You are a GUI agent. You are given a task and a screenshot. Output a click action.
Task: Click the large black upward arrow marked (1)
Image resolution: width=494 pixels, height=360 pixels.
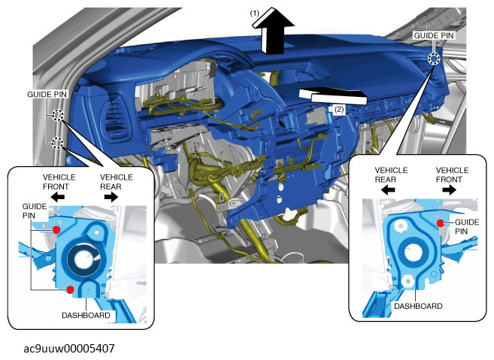click(x=273, y=32)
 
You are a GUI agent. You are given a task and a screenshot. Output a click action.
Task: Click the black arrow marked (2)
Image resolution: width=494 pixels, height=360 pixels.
click(x=332, y=95)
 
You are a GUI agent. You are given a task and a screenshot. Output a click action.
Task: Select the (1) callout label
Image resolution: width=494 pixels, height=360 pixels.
click(x=255, y=14)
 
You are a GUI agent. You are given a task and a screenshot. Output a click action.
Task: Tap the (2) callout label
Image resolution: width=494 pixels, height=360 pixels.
click(x=339, y=110)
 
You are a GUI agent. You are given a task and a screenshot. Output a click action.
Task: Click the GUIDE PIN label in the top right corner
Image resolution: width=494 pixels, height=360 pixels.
click(x=434, y=35)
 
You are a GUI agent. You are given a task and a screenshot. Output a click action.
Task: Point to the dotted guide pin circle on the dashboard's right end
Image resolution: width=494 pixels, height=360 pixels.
click(x=434, y=59)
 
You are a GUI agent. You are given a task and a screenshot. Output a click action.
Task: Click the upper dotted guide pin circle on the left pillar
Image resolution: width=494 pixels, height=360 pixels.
click(x=58, y=115)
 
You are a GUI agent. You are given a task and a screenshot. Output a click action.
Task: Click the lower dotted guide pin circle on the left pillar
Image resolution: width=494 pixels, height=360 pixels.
click(x=57, y=143)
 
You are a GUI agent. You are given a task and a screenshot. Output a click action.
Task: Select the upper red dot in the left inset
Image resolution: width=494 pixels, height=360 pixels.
click(x=56, y=230)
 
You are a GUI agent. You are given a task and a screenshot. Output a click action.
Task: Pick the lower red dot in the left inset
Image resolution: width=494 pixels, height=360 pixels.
click(x=70, y=289)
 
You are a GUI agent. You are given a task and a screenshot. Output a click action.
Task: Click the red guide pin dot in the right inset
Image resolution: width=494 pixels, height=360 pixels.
click(x=441, y=223)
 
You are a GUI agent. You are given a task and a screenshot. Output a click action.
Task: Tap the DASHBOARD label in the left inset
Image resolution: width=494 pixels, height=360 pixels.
click(x=86, y=315)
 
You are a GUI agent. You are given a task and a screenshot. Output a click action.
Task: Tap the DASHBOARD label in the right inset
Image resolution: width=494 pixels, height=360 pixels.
click(x=418, y=306)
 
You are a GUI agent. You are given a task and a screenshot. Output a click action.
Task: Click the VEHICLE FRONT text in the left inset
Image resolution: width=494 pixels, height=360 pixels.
click(x=59, y=182)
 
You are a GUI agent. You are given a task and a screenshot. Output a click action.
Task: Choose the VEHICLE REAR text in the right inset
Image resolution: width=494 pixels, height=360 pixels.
click(x=391, y=175)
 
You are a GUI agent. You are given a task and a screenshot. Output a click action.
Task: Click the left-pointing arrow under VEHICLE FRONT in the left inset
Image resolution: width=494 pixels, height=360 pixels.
click(x=58, y=197)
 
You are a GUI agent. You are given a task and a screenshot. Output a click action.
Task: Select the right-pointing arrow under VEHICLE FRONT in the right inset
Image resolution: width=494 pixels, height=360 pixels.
click(x=449, y=189)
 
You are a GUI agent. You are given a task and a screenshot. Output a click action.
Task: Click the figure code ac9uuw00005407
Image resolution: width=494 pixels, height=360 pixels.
click(x=69, y=348)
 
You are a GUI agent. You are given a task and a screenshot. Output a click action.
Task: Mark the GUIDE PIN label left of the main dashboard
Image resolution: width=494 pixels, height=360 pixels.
click(x=47, y=94)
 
